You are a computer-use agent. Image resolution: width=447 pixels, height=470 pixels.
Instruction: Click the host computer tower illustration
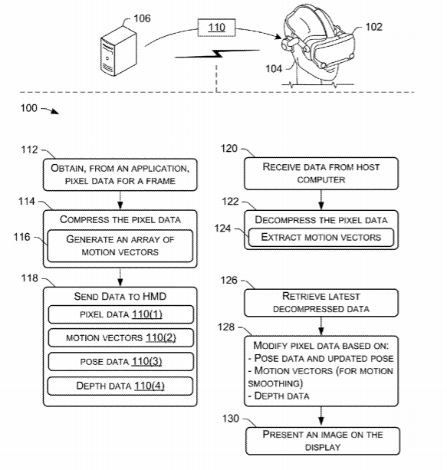[118, 52]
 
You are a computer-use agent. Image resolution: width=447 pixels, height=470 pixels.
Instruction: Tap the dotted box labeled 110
[216, 28]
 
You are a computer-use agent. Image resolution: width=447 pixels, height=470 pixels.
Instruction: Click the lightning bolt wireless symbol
[217, 54]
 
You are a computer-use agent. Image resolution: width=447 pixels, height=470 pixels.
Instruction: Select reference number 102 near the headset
[373, 27]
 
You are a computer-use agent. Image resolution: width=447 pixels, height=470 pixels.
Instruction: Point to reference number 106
[142, 18]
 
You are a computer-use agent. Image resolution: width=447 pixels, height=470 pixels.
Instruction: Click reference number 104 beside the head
[274, 69]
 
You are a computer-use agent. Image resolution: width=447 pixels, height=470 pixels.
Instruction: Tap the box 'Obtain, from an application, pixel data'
[120, 175]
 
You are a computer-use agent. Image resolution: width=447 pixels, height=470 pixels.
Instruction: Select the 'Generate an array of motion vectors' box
[120, 246]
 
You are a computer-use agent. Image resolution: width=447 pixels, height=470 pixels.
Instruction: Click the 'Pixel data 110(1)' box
[121, 314]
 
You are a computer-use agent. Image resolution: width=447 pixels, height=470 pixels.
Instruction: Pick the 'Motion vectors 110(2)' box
[121, 338]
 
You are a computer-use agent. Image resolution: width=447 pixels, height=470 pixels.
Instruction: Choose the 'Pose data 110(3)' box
[121, 361]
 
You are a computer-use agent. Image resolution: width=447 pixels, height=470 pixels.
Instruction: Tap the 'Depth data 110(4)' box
[120, 386]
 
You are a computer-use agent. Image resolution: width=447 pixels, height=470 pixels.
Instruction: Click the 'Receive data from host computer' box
[321, 173]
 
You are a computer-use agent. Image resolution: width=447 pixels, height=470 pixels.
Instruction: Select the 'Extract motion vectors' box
[321, 238]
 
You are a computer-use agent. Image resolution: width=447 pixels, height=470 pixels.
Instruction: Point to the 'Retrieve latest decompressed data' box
[321, 303]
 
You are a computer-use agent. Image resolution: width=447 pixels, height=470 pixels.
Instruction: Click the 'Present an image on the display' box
[323, 441]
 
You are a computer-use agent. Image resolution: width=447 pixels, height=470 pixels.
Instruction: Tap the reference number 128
[225, 327]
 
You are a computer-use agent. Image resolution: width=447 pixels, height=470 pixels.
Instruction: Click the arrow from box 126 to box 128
[321, 326]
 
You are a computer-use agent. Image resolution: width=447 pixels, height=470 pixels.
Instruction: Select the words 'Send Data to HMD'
[120, 297]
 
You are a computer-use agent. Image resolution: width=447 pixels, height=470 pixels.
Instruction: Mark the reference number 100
[29, 108]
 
